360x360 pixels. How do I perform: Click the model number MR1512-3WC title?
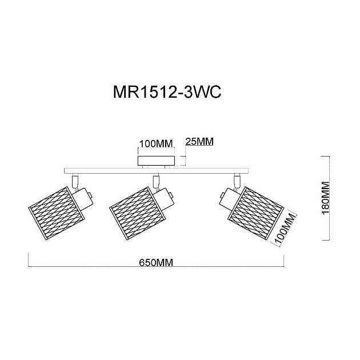tap(167, 93)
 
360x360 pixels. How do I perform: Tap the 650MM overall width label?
tap(156, 262)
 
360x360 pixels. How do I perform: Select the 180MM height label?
tap(326, 198)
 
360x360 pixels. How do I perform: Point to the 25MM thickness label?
tap(199, 142)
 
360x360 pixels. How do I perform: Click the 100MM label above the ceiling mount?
tap(156, 144)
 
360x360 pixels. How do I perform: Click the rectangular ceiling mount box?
tap(156, 161)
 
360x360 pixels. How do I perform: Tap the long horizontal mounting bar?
tap(157, 171)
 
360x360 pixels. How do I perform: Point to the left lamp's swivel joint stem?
tap(75, 181)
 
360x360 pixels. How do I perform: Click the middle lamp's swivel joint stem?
tap(156, 181)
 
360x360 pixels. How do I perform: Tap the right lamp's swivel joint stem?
tap(237, 181)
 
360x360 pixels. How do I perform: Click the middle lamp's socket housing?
tap(163, 198)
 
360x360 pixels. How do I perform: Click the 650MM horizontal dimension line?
tap(156, 266)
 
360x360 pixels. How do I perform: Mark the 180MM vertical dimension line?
tap(329, 198)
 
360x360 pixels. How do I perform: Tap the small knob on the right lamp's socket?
tap(222, 195)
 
